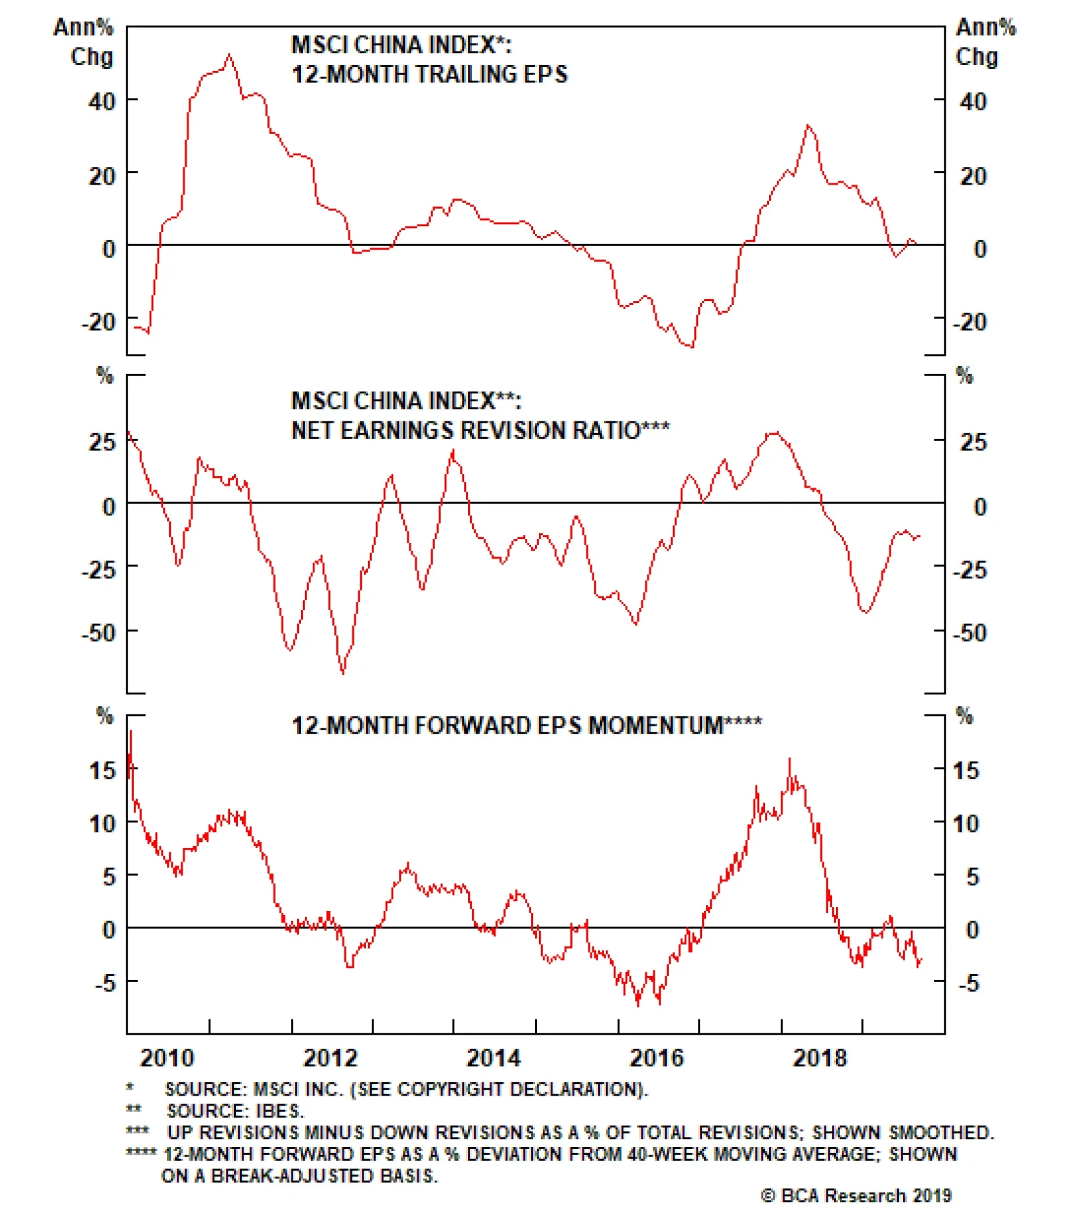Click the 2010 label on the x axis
(167, 1057)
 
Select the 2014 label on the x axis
(493, 1057)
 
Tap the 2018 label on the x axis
(819, 1057)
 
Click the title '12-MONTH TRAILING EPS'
(429, 74)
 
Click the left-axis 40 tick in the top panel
(102, 102)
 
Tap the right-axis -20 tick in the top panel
(970, 322)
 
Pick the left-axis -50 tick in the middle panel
(99, 632)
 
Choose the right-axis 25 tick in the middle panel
(973, 442)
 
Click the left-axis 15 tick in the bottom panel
(102, 771)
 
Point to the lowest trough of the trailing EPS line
(691, 346)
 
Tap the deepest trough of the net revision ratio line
(343, 672)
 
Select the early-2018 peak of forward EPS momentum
(790, 759)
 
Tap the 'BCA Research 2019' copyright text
(856, 1195)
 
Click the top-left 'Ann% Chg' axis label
(84, 41)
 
